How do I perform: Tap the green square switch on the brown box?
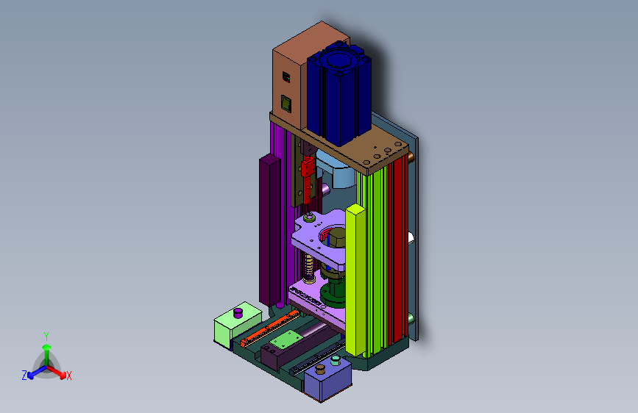(x=286, y=104)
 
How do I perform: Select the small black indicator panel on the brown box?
(x=286, y=77)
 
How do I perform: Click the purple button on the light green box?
(x=238, y=313)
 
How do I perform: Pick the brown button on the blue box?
(x=320, y=369)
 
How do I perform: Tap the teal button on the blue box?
(x=336, y=360)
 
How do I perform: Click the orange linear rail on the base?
(x=270, y=328)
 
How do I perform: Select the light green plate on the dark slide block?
(x=286, y=339)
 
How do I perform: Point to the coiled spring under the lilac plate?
(x=309, y=268)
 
